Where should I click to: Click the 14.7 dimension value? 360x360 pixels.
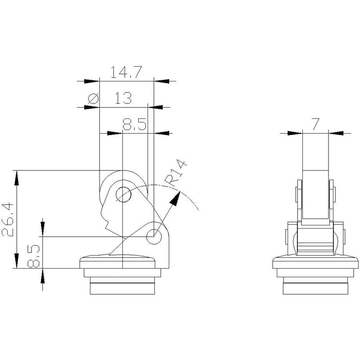126,72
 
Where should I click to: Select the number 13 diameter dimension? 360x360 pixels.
123,98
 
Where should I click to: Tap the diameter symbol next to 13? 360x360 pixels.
94,99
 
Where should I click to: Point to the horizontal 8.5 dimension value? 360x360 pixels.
134,125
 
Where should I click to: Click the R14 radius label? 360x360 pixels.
176,173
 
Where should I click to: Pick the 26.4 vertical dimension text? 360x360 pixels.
8,220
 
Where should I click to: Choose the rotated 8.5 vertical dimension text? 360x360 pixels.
33,256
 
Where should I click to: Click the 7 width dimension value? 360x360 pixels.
315,124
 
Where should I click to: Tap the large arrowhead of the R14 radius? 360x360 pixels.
175,198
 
